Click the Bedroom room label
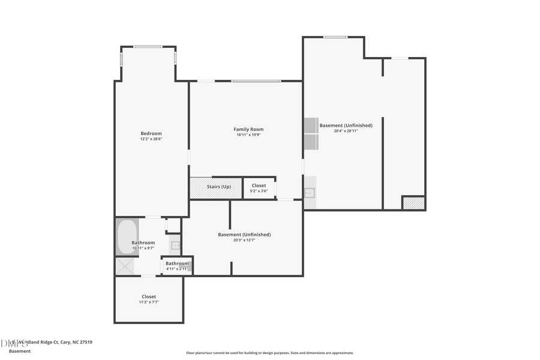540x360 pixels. tap(151, 133)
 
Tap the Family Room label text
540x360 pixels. tap(248, 129)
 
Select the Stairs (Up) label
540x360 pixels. tap(218, 187)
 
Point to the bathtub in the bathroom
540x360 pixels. tap(127, 237)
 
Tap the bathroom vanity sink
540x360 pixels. tap(176, 245)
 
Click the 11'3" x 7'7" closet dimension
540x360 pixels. tap(149, 302)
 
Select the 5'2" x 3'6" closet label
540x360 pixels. tap(259, 191)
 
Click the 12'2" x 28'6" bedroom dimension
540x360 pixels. tap(151, 139)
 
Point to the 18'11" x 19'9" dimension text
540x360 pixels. tap(248, 135)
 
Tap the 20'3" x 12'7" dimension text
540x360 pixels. tap(244, 240)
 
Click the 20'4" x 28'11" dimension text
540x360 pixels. tap(346, 131)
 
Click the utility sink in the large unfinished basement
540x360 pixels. tap(310, 193)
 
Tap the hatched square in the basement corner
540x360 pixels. tap(413, 203)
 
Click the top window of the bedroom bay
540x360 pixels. tap(148, 46)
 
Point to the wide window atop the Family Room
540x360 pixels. tap(256, 80)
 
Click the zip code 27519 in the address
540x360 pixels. tap(85, 342)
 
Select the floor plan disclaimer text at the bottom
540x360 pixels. tap(270, 353)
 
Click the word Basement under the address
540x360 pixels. tap(20, 351)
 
